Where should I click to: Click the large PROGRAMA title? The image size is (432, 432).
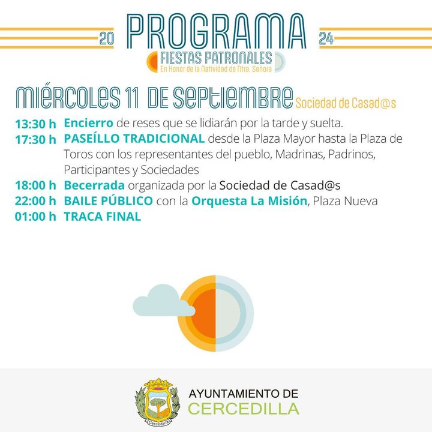point(217,31)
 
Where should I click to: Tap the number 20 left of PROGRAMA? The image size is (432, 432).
point(106,38)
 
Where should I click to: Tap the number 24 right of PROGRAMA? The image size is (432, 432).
point(326,38)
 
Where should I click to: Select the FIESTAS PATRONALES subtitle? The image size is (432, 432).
point(216,58)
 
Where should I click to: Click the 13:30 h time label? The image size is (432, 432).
point(35,124)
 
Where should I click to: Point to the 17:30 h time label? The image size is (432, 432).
point(35,140)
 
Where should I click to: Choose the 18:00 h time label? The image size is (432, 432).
point(35,185)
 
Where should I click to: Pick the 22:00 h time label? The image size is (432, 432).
point(35,201)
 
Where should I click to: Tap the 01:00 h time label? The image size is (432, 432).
point(35,217)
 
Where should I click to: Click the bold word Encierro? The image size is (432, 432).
point(88,123)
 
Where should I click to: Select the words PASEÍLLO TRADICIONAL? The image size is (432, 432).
point(134,139)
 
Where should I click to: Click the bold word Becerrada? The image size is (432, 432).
point(94,185)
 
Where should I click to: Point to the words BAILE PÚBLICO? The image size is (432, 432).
point(108,200)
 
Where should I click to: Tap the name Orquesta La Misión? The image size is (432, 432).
point(250,201)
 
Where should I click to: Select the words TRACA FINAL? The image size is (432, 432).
point(103,217)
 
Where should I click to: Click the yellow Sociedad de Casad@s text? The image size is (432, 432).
point(346,103)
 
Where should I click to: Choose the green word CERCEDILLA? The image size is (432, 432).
point(244,409)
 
